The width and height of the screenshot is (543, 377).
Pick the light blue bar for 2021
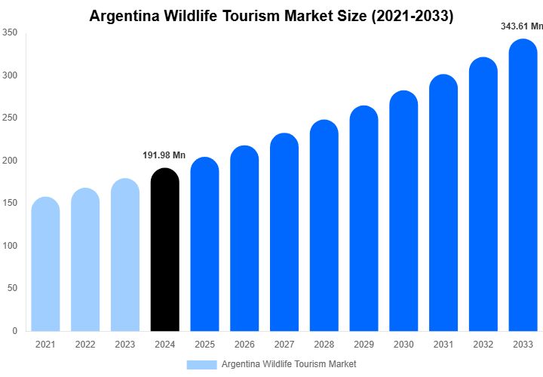[x=45, y=264]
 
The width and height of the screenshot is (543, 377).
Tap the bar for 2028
[x=324, y=225]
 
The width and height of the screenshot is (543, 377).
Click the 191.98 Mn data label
[x=164, y=155]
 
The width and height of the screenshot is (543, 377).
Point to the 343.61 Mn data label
[x=522, y=26]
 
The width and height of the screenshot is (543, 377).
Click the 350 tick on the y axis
[x=10, y=33]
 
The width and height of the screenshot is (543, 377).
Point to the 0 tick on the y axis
[x=14, y=330]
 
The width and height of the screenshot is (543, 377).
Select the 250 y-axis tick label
[x=10, y=118]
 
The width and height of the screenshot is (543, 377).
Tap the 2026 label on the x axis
[x=244, y=345]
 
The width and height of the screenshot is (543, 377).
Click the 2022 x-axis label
[x=85, y=345]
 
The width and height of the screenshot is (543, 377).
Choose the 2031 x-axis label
[x=443, y=345]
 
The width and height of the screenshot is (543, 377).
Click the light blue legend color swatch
[x=201, y=364]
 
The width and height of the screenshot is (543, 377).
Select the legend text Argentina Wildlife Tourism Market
[x=289, y=364]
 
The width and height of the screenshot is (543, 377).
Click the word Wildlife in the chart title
[x=199, y=16]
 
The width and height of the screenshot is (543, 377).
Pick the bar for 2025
[x=204, y=244]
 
